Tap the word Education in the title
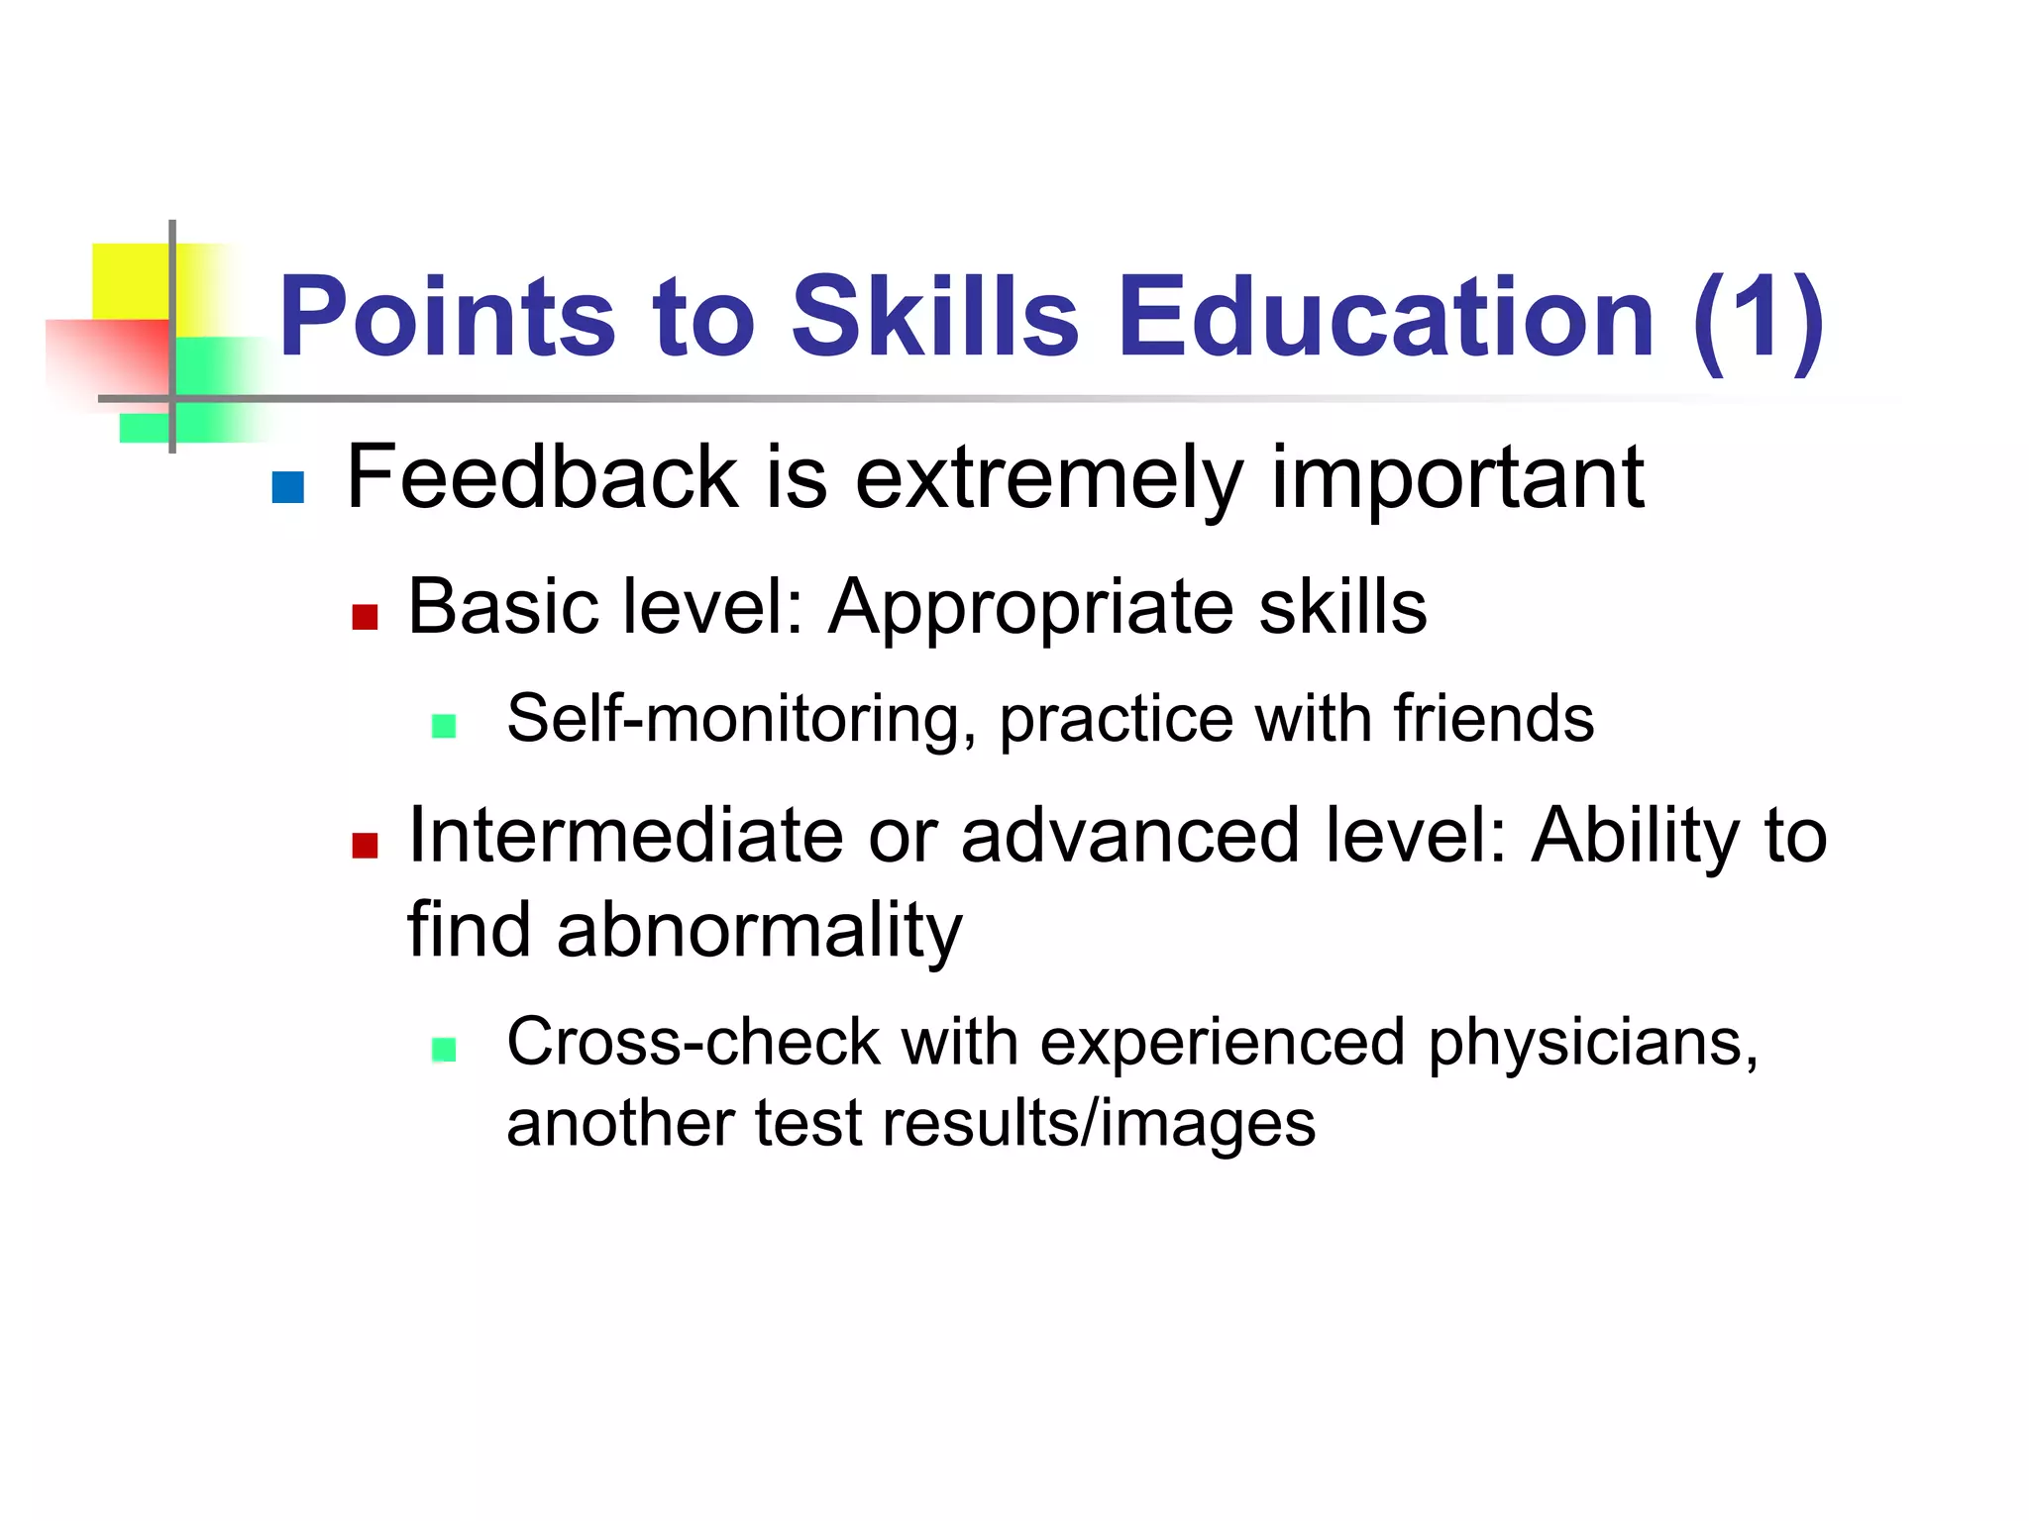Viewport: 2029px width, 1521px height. click(1386, 316)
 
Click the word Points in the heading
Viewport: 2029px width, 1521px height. click(447, 316)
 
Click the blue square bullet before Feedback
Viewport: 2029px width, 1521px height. click(287, 487)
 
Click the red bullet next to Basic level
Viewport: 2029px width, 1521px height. click(365, 617)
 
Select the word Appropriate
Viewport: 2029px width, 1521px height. click(1030, 608)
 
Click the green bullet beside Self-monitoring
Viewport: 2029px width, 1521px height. click(444, 727)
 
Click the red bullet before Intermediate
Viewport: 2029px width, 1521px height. click(365, 846)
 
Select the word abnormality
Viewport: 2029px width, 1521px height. click(759, 931)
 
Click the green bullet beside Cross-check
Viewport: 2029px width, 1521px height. click(444, 1050)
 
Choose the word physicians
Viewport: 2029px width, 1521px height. click(1591, 1044)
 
